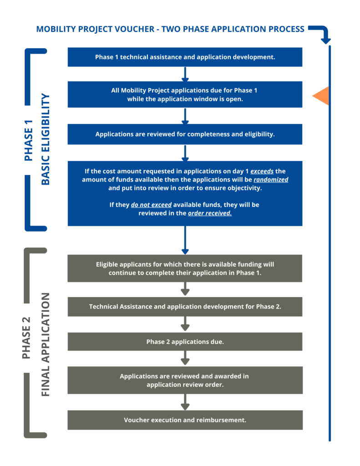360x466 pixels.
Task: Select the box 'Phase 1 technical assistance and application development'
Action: (185, 57)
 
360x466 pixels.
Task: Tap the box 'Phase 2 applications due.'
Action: (185, 342)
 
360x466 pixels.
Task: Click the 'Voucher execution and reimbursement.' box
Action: (185, 420)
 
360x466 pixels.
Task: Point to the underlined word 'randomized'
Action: (271, 180)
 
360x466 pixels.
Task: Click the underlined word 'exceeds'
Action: (262, 171)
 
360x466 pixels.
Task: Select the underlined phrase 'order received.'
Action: (209, 213)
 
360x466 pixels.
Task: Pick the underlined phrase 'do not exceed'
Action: (151, 205)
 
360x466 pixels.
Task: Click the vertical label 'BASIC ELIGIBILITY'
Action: (45, 139)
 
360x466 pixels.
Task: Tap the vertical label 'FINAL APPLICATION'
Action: (45, 344)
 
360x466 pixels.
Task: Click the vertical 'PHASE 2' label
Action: (26, 338)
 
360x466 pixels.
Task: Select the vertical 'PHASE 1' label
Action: (28, 140)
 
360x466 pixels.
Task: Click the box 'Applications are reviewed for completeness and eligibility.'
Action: (185, 134)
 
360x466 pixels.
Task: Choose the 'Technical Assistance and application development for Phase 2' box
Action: (185, 307)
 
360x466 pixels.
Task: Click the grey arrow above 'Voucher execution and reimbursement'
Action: (185, 402)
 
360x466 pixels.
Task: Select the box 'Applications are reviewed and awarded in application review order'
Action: (185, 380)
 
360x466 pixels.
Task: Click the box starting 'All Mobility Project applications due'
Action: (185, 95)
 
